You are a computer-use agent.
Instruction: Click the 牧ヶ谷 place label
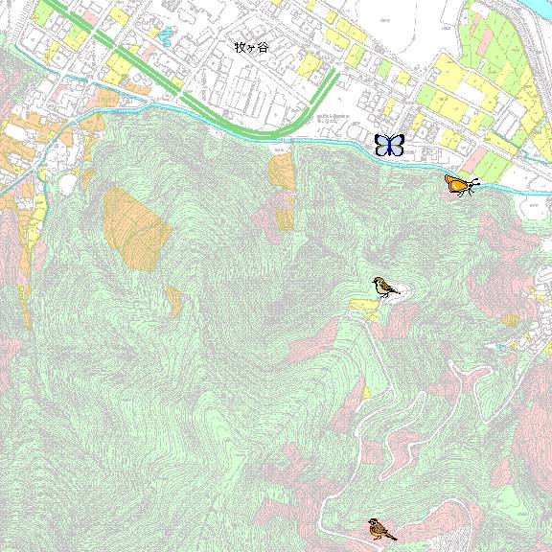pyautogui.click(x=252, y=46)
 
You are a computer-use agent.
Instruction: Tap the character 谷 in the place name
pyautogui.click(x=264, y=46)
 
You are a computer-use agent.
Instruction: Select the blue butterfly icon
pyautogui.click(x=389, y=145)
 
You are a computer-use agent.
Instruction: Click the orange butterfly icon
pyautogui.click(x=460, y=183)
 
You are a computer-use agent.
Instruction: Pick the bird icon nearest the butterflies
pyautogui.click(x=386, y=287)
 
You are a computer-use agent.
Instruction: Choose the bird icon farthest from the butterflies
pyautogui.click(x=381, y=528)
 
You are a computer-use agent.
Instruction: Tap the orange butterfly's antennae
pyautogui.click(x=473, y=182)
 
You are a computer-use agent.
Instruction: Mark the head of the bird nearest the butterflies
pyautogui.click(x=378, y=282)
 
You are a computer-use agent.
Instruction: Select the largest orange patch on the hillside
pyautogui.click(x=136, y=228)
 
